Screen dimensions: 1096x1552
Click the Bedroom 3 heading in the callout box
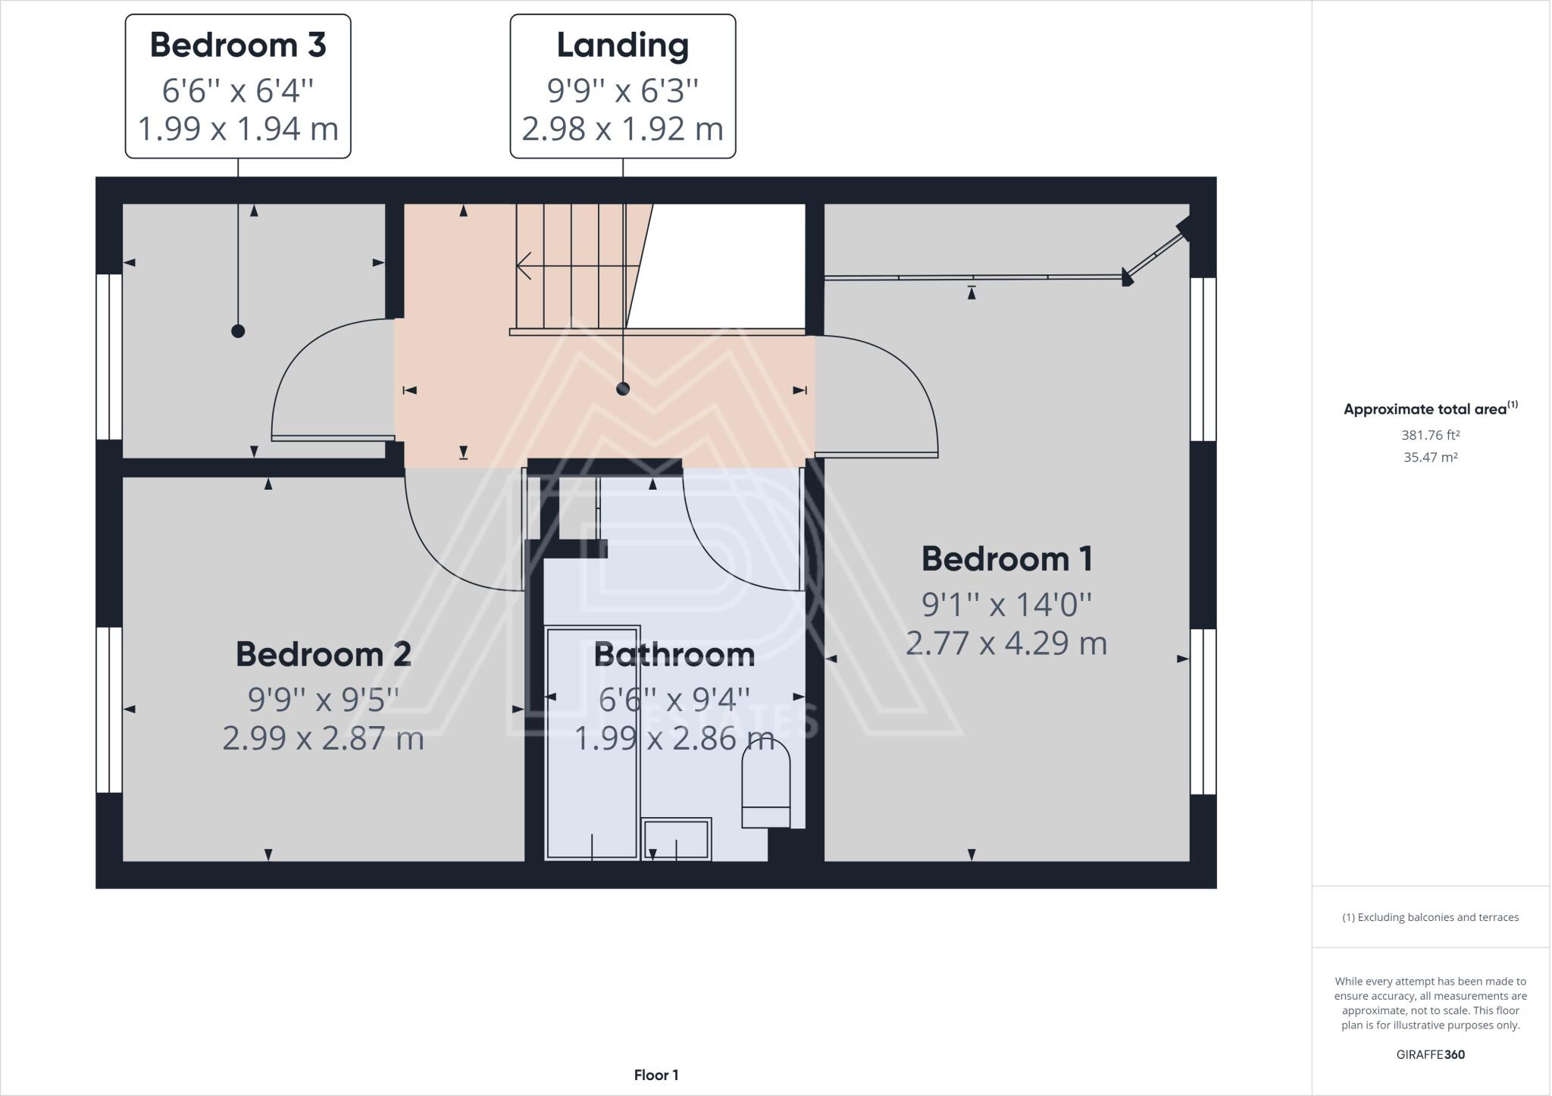click(238, 45)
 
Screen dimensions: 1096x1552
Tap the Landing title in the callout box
click(622, 45)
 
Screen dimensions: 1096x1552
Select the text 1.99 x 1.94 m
click(238, 128)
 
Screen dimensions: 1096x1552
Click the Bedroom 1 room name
click(1006, 559)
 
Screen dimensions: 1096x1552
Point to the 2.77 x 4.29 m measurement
click(1006, 644)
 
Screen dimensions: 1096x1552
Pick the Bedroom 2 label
click(324, 654)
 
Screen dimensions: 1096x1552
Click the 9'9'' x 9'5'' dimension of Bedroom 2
click(324, 699)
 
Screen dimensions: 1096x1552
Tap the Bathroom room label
click(674, 655)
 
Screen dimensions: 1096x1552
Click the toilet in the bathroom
click(765, 784)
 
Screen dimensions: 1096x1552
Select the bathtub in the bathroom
click(593, 743)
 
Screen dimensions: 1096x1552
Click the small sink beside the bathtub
click(677, 839)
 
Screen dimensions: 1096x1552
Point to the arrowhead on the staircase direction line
click(522, 266)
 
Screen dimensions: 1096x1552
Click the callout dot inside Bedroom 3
click(238, 331)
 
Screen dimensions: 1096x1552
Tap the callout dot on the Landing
click(623, 389)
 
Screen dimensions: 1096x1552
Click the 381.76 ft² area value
click(1430, 435)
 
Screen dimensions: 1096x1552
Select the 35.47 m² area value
click(1430, 457)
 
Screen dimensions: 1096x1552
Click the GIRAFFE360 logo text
click(1430, 1054)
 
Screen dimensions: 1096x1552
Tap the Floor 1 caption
click(656, 1075)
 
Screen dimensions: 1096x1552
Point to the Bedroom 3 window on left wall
click(109, 357)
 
